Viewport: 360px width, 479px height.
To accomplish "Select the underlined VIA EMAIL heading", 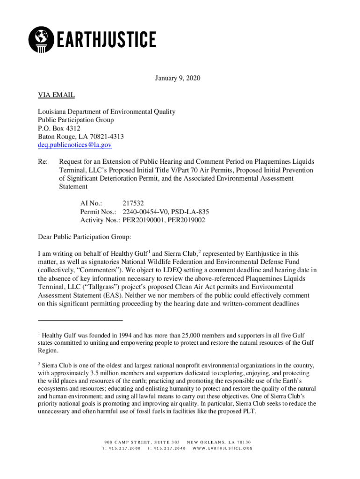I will (56, 95).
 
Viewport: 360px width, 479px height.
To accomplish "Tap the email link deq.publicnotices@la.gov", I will (75, 145).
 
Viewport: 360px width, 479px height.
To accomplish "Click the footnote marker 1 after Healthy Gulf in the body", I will (149, 251).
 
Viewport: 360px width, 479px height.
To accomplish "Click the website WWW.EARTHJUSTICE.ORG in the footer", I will (223, 448).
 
